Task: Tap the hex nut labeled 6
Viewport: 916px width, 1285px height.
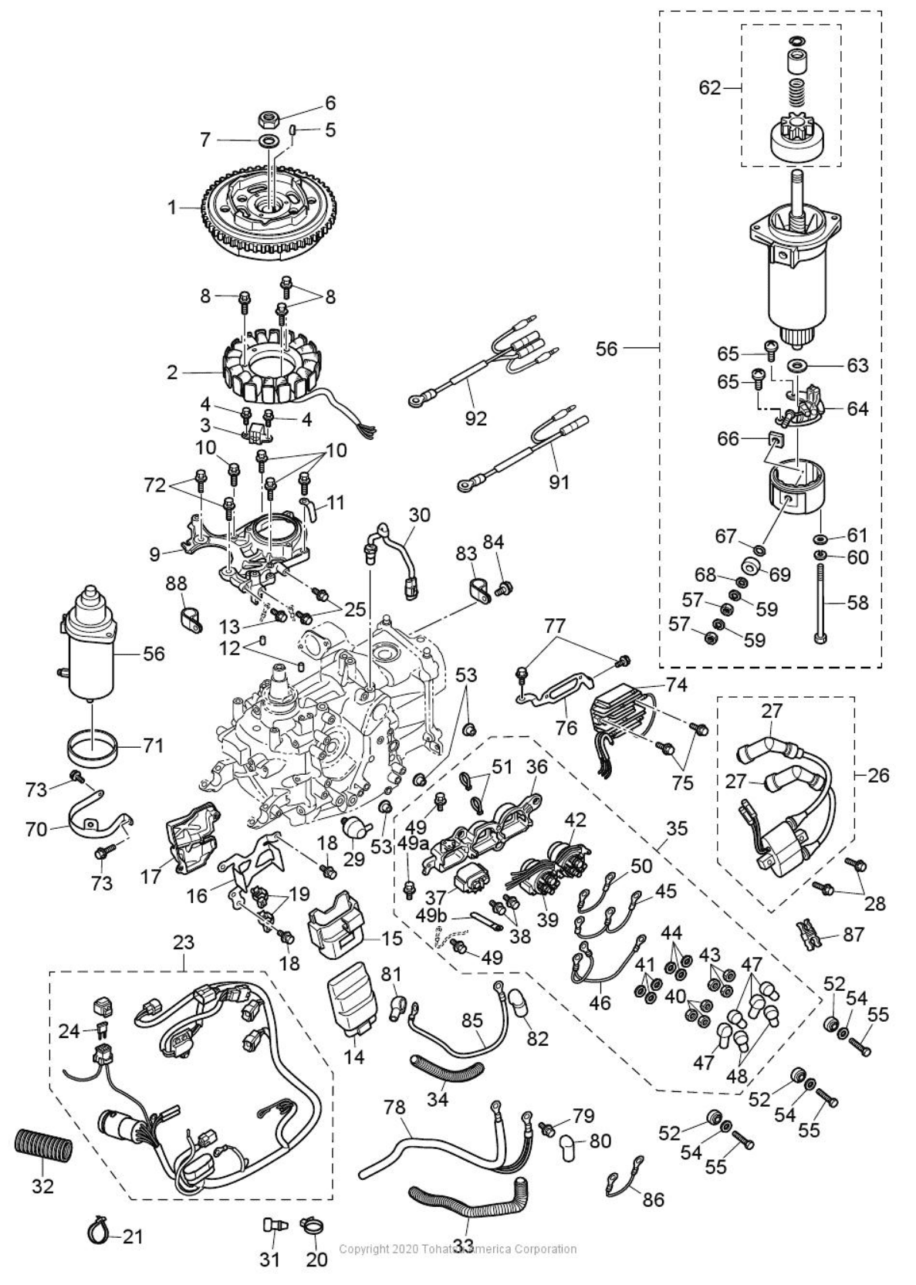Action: [x=269, y=120]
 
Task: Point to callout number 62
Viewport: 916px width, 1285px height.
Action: [x=709, y=87]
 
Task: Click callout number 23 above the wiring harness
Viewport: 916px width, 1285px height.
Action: [x=184, y=942]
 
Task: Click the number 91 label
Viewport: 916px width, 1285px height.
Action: [x=558, y=482]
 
